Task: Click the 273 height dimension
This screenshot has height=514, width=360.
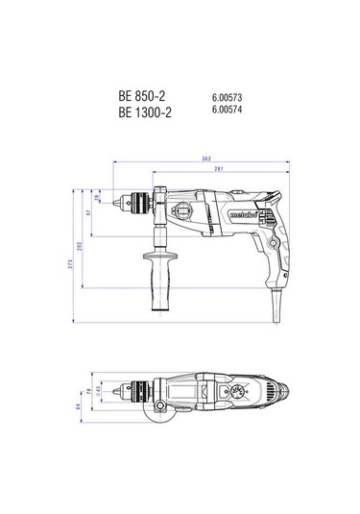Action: tap(71, 263)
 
